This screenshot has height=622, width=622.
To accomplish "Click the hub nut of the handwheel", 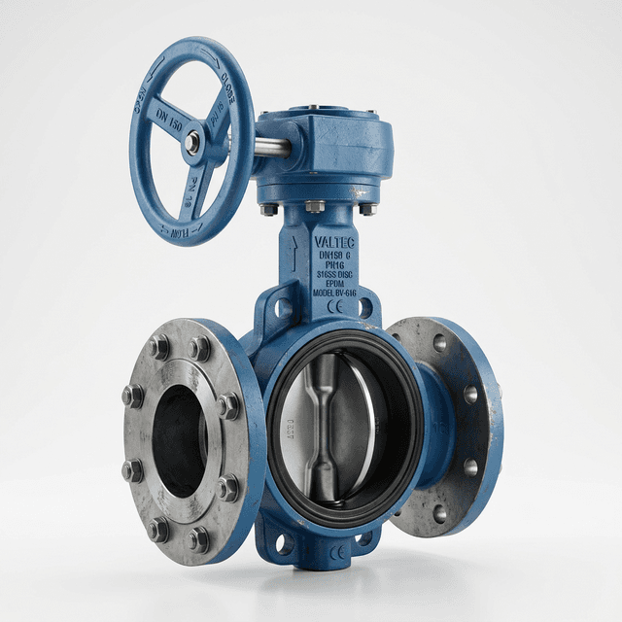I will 193,143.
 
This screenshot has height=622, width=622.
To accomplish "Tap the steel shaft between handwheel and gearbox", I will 272,147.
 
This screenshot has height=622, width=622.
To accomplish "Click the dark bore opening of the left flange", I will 181,442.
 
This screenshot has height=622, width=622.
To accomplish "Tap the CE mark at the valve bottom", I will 337,552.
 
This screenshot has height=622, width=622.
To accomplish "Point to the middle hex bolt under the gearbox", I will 315,206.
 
